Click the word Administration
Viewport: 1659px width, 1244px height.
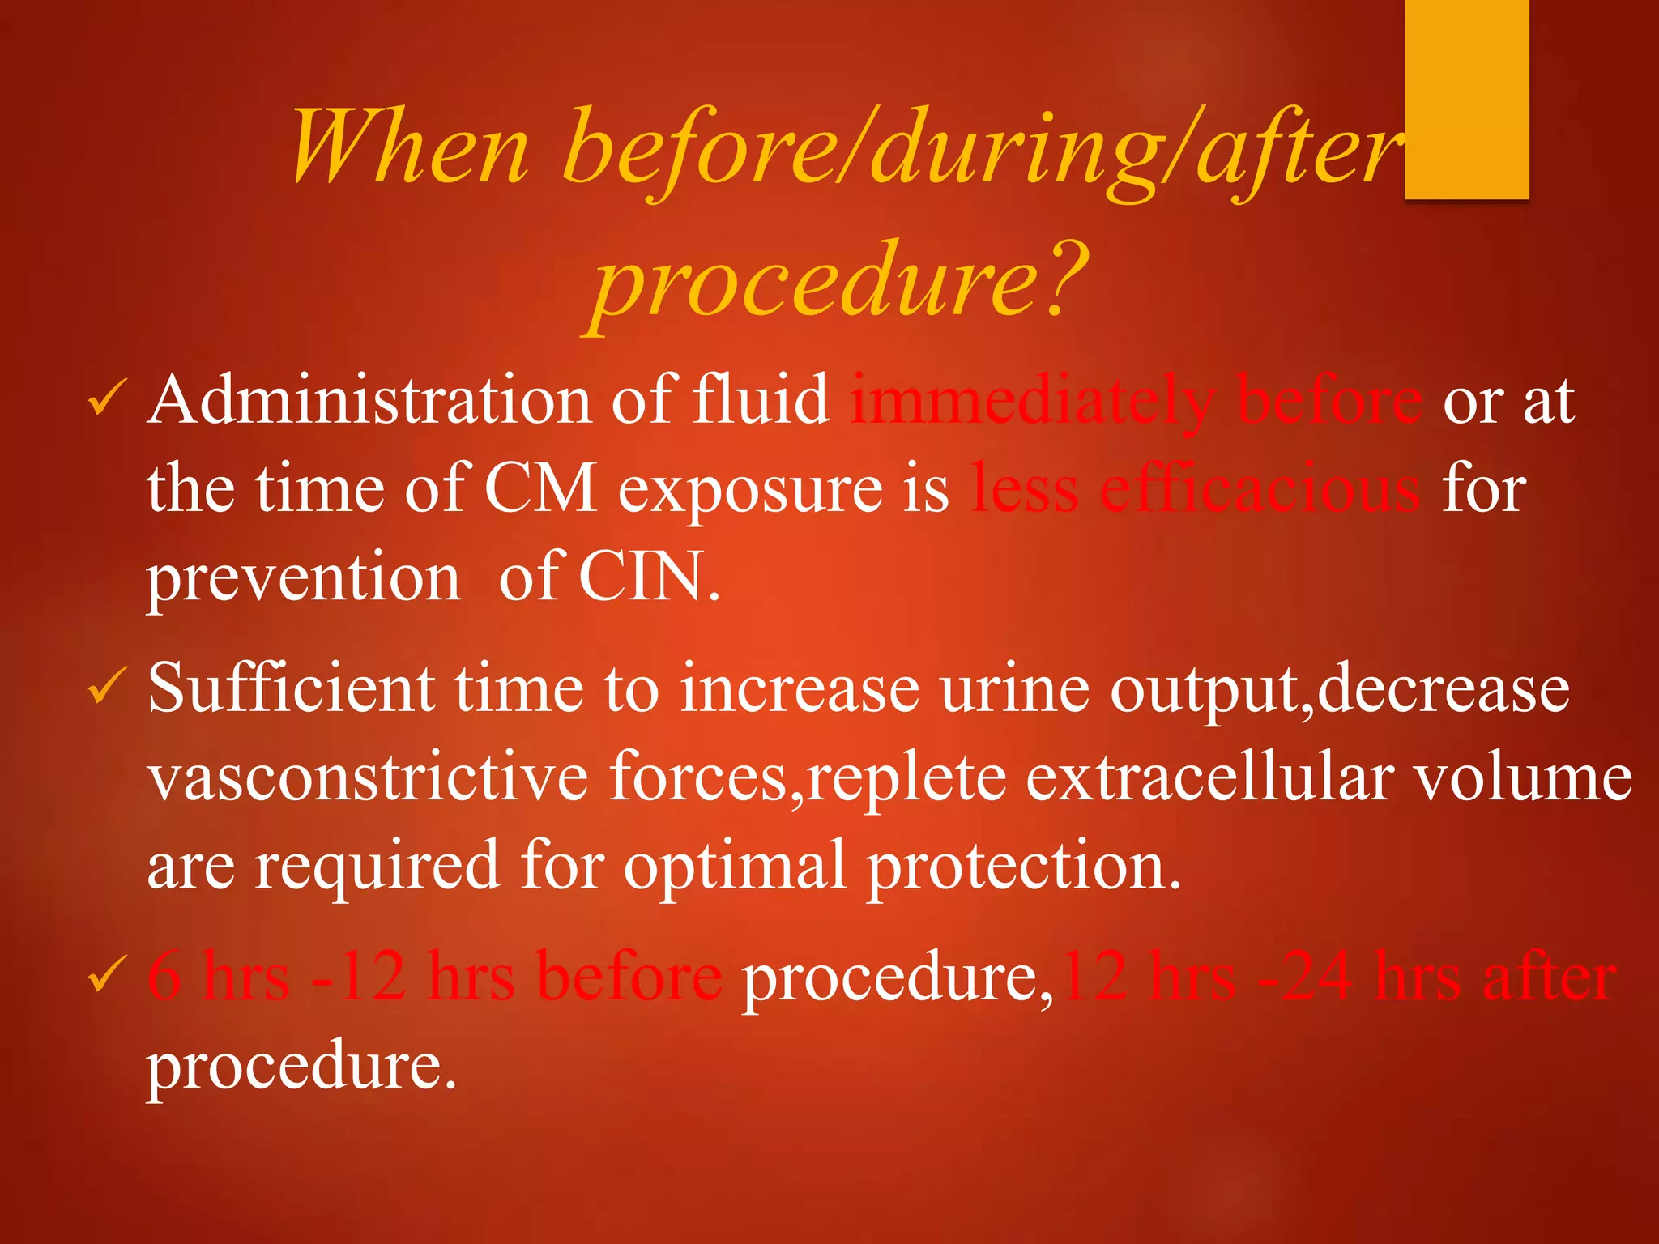tap(369, 399)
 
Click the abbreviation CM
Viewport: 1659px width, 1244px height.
tap(540, 488)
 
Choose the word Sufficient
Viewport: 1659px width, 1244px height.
tap(292, 688)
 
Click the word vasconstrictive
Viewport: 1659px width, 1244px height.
tap(369, 777)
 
